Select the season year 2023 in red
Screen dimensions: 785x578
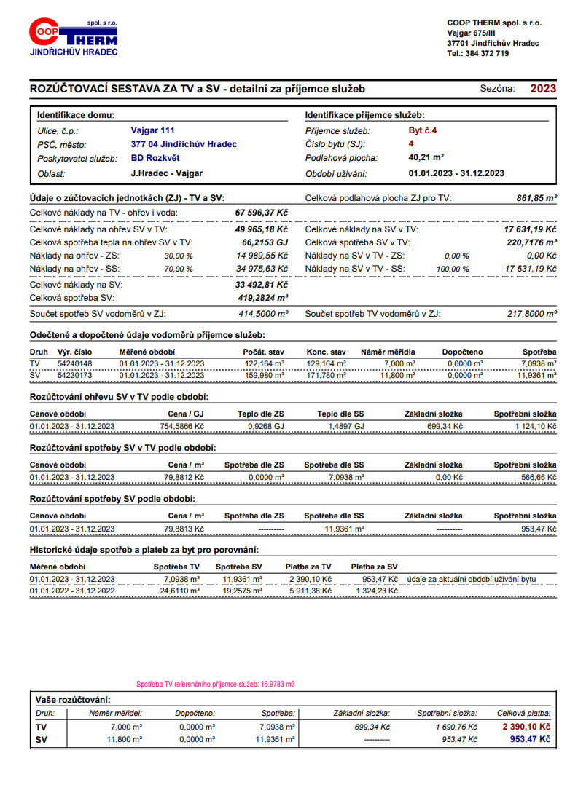(542, 89)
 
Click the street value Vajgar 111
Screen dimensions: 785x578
(152, 130)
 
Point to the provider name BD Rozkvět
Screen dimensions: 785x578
(155, 158)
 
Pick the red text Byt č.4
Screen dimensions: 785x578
(423, 130)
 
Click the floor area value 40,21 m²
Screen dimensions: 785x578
(426, 158)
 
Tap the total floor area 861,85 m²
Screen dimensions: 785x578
(536, 197)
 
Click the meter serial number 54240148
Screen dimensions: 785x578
(74, 363)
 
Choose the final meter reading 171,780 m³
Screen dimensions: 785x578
(326, 374)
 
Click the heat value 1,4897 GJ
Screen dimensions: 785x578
(346, 426)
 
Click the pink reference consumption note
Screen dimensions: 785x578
(216, 685)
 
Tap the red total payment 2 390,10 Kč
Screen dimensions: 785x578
(526, 727)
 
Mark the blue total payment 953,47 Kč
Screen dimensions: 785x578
(530, 739)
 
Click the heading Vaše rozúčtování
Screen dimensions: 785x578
(73, 699)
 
